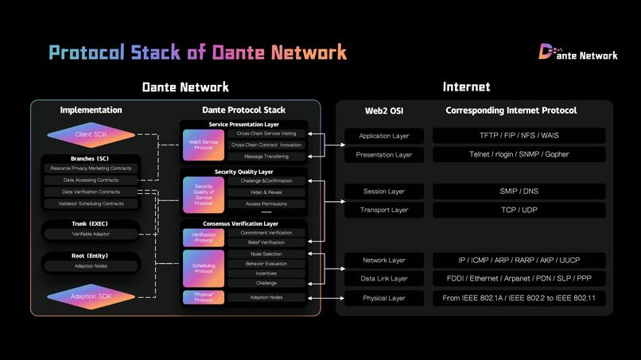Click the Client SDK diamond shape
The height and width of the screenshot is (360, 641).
point(91,135)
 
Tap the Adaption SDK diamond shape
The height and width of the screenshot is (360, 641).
point(91,296)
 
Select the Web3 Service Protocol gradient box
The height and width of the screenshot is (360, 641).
point(203,145)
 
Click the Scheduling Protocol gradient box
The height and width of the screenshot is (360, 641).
point(203,268)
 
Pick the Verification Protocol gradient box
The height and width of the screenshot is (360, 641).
point(203,237)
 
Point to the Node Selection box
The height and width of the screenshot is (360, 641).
point(266,254)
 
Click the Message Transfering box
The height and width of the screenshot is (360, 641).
point(266,157)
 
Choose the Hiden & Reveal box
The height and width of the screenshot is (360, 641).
point(266,192)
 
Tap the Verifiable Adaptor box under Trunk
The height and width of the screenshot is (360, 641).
point(91,234)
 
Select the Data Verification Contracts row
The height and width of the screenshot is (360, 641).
point(91,192)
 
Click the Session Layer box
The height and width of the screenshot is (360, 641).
point(384,192)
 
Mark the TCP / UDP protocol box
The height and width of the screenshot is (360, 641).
point(519,210)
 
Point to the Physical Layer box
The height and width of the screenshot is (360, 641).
point(384,298)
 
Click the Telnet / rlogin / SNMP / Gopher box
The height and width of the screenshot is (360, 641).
point(519,154)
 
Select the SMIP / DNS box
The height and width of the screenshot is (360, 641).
point(519,192)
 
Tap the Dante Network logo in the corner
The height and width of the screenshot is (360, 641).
point(578,53)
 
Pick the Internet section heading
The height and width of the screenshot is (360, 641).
point(466,87)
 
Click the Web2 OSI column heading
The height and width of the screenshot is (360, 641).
point(384,110)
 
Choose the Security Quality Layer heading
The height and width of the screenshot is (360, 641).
point(243,172)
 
